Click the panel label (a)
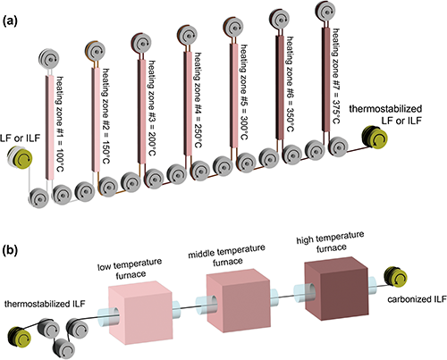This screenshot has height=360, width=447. click(x=10, y=21)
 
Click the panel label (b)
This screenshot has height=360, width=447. click(x=10, y=250)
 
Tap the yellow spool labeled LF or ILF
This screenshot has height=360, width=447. click(x=21, y=158)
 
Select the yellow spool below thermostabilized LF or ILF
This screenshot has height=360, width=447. click(x=375, y=138)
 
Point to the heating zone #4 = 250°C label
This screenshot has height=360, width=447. click(x=197, y=100)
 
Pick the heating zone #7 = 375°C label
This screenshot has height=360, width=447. click(x=336, y=76)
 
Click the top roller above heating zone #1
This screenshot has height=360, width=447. click(x=49, y=59)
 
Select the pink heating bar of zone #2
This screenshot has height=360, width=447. click(x=96, y=120)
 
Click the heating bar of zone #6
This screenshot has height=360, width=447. click(x=280, y=88)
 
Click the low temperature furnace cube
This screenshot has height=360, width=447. click(x=140, y=311)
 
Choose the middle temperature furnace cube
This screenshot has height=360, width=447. click(x=238, y=298)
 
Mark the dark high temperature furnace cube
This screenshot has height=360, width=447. click(x=336, y=287)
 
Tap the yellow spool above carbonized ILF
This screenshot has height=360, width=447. click(x=396, y=277)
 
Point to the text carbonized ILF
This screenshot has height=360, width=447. click(x=417, y=299)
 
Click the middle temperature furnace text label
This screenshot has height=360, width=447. click(x=227, y=255)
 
